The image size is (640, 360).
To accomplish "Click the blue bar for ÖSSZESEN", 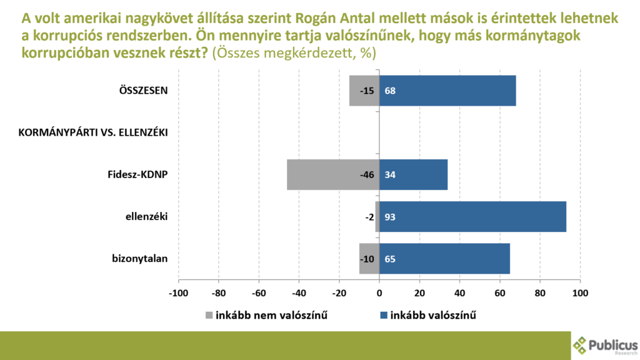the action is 447,91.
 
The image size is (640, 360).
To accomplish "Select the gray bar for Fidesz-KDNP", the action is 333,175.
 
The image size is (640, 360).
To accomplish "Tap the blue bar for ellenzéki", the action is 472,217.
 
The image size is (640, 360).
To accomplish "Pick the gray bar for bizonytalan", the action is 369,259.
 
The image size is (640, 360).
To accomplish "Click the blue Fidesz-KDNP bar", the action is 414,175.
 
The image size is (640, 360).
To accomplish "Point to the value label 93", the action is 390,217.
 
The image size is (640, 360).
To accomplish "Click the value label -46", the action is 367,175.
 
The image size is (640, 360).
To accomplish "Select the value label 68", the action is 390,91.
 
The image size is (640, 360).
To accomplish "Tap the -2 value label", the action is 369,217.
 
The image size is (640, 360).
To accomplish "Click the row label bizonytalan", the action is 139,259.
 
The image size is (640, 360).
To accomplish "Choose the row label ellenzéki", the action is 146,217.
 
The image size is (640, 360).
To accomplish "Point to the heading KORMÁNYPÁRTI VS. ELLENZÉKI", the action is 93,132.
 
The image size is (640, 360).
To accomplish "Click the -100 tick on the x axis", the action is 178,293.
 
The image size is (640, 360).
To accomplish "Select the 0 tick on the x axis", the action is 379,293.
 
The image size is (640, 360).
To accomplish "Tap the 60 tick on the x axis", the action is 499,293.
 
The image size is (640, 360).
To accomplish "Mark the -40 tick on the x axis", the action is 299,293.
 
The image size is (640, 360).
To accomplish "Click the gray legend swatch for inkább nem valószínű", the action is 209,316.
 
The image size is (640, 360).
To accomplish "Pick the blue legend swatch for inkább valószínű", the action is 384,316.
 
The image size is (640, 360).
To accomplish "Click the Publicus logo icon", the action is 579,345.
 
